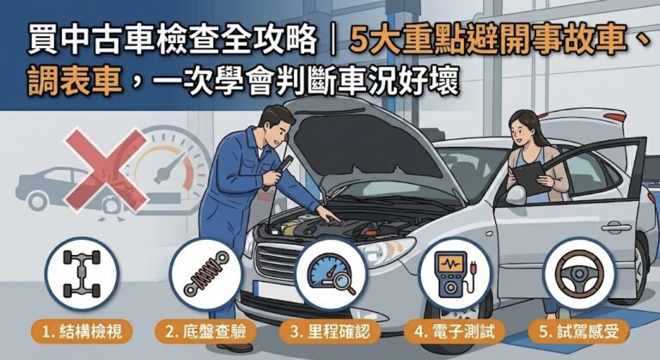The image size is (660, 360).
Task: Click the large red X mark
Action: coord(103,168)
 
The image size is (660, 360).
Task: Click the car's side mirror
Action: coord(516,194)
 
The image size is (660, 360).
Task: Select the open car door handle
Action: coord(615,228)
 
